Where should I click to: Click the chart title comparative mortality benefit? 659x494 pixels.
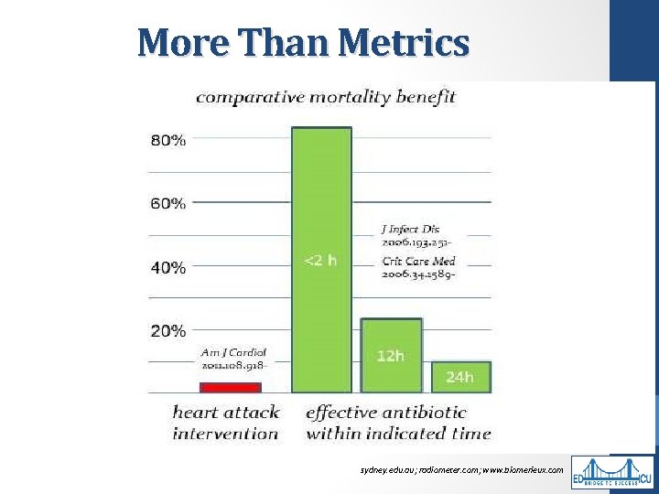(x=326, y=96)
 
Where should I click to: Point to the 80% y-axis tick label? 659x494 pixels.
(x=168, y=140)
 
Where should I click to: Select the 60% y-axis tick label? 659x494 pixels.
(x=168, y=203)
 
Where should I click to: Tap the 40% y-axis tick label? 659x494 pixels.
(x=168, y=268)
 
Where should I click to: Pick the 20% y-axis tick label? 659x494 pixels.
(x=168, y=330)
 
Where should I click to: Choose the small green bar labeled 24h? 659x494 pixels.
(x=460, y=376)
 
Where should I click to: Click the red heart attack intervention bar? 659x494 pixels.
(x=231, y=387)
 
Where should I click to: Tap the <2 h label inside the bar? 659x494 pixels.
(x=320, y=261)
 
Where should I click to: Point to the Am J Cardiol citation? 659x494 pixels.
(x=233, y=359)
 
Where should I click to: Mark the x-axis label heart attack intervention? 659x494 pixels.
(x=225, y=423)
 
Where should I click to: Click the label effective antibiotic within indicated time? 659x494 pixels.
(x=398, y=423)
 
